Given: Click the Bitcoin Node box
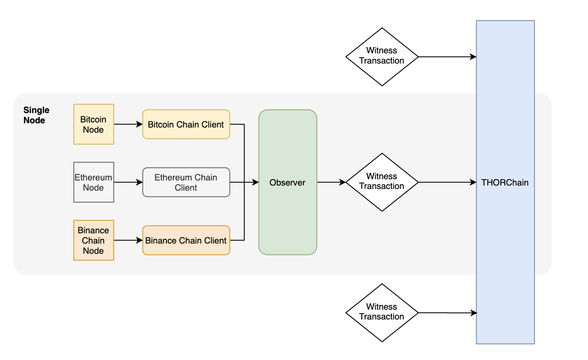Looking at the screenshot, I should (93, 124).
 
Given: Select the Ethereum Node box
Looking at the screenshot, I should (93, 182).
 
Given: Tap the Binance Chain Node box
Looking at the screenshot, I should (93, 240).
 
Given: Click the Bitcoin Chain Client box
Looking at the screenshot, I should (186, 124).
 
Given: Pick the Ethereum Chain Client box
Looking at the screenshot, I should (186, 182).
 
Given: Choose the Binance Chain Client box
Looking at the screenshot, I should (186, 240).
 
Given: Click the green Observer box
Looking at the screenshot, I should (288, 182).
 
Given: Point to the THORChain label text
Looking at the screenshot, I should (505, 183).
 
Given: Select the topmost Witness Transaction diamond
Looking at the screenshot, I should (381, 57).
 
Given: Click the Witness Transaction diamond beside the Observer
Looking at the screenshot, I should (381, 182).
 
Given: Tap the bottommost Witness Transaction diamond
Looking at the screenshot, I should (381, 313).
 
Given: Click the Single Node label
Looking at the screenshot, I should (36, 115).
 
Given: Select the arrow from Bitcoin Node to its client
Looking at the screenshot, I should (128, 124).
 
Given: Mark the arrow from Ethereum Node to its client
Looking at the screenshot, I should (128, 182).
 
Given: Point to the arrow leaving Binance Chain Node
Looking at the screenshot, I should (128, 240).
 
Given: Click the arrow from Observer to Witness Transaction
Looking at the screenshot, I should (331, 182).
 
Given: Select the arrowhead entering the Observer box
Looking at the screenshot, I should (256, 182).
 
